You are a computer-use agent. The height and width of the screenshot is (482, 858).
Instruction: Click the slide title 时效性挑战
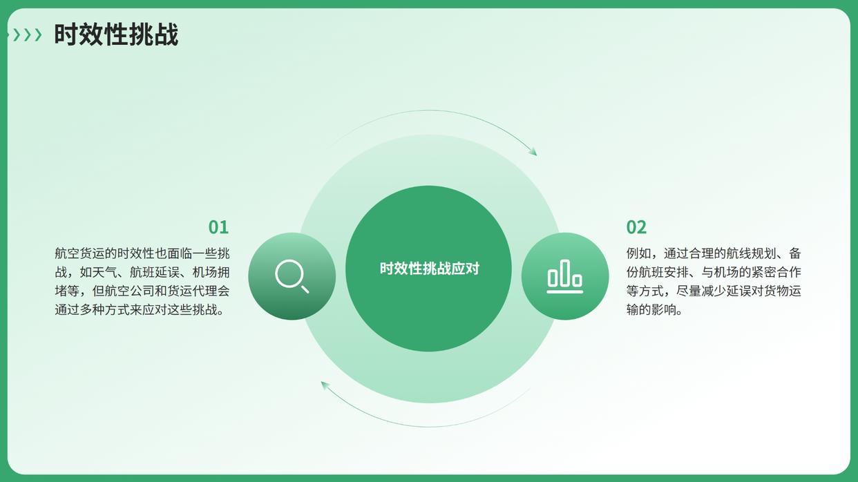(x=116, y=35)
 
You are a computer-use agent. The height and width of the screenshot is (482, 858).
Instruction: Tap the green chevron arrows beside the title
(x=27, y=35)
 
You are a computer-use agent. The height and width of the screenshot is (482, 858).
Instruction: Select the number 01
(x=218, y=227)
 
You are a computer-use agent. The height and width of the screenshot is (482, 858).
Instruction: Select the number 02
(x=636, y=227)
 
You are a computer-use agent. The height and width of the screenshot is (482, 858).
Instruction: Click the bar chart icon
(x=565, y=276)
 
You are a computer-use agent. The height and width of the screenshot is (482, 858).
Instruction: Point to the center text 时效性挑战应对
(x=430, y=269)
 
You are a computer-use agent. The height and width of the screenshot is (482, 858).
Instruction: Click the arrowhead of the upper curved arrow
(x=533, y=151)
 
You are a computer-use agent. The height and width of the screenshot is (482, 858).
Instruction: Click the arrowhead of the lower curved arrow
(x=325, y=386)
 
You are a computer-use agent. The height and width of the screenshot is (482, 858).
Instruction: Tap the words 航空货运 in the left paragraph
(x=79, y=253)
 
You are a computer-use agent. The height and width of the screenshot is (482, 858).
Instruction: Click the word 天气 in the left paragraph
(x=104, y=272)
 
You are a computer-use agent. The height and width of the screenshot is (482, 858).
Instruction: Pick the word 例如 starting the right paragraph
(x=639, y=253)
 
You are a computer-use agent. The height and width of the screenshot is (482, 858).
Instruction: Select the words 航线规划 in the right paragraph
(x=751, y=253)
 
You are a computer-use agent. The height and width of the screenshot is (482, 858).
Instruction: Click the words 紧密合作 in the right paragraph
(x=776, y=272)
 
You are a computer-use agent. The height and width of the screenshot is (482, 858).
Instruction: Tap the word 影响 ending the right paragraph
(x=664, y=310)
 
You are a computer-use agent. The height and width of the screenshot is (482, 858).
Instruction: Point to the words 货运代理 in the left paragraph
(x=192, y=291)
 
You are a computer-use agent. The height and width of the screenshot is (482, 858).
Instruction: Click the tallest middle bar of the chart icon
(x=565, y=273)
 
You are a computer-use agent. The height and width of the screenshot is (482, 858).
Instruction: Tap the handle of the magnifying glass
(x=305, y=289)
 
